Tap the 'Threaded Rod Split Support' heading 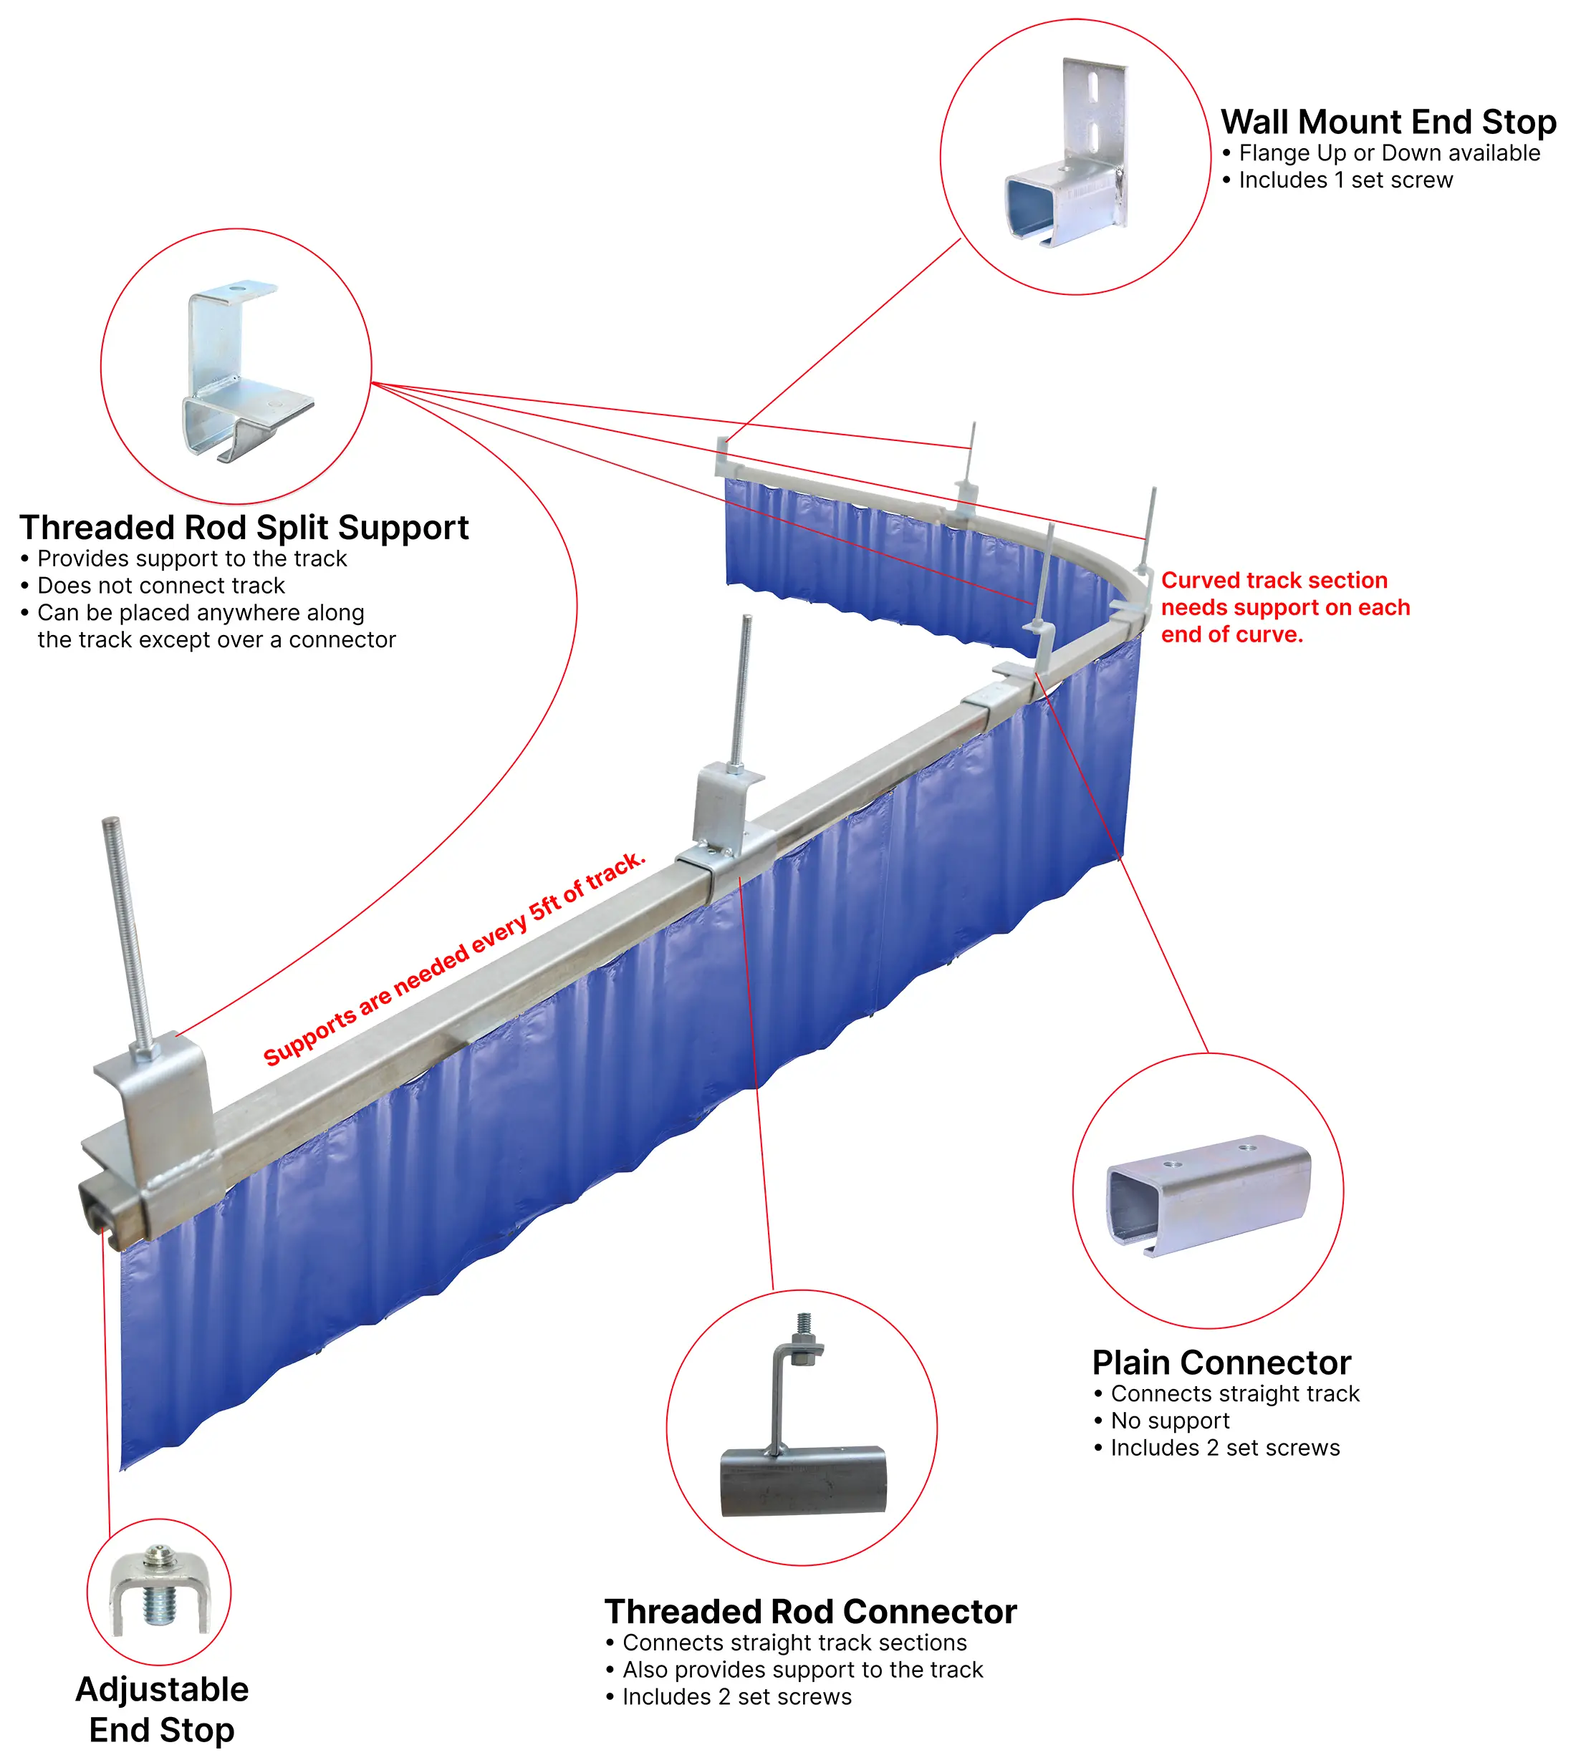tap(244, 527)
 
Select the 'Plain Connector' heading tap(1221, 1363)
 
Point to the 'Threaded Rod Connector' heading tap(809, 1612)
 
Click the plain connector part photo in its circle tap(1209, 1194)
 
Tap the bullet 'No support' tap(1169, 1421)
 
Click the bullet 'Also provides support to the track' tap(802, 1670)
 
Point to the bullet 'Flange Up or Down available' tap(1388, 153)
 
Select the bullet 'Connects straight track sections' tap(793, 1643)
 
